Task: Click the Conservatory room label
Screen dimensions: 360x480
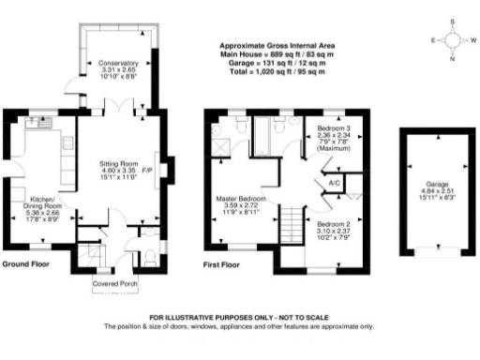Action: [x=118, y=63]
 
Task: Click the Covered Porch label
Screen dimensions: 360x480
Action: [x=115, y=282]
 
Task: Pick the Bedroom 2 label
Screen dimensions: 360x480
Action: [x=332, y=225]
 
